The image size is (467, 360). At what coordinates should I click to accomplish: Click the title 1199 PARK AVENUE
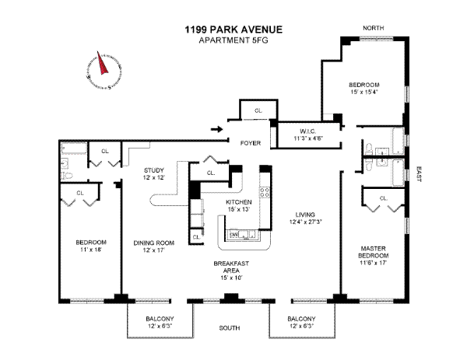pos(233,30)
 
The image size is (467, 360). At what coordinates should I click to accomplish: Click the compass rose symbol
pos(99,68)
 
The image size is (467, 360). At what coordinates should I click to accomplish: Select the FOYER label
pos(249,143)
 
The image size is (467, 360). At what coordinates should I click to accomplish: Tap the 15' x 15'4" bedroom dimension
pos(363,93)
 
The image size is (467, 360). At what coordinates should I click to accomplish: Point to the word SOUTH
pos(230,329)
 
